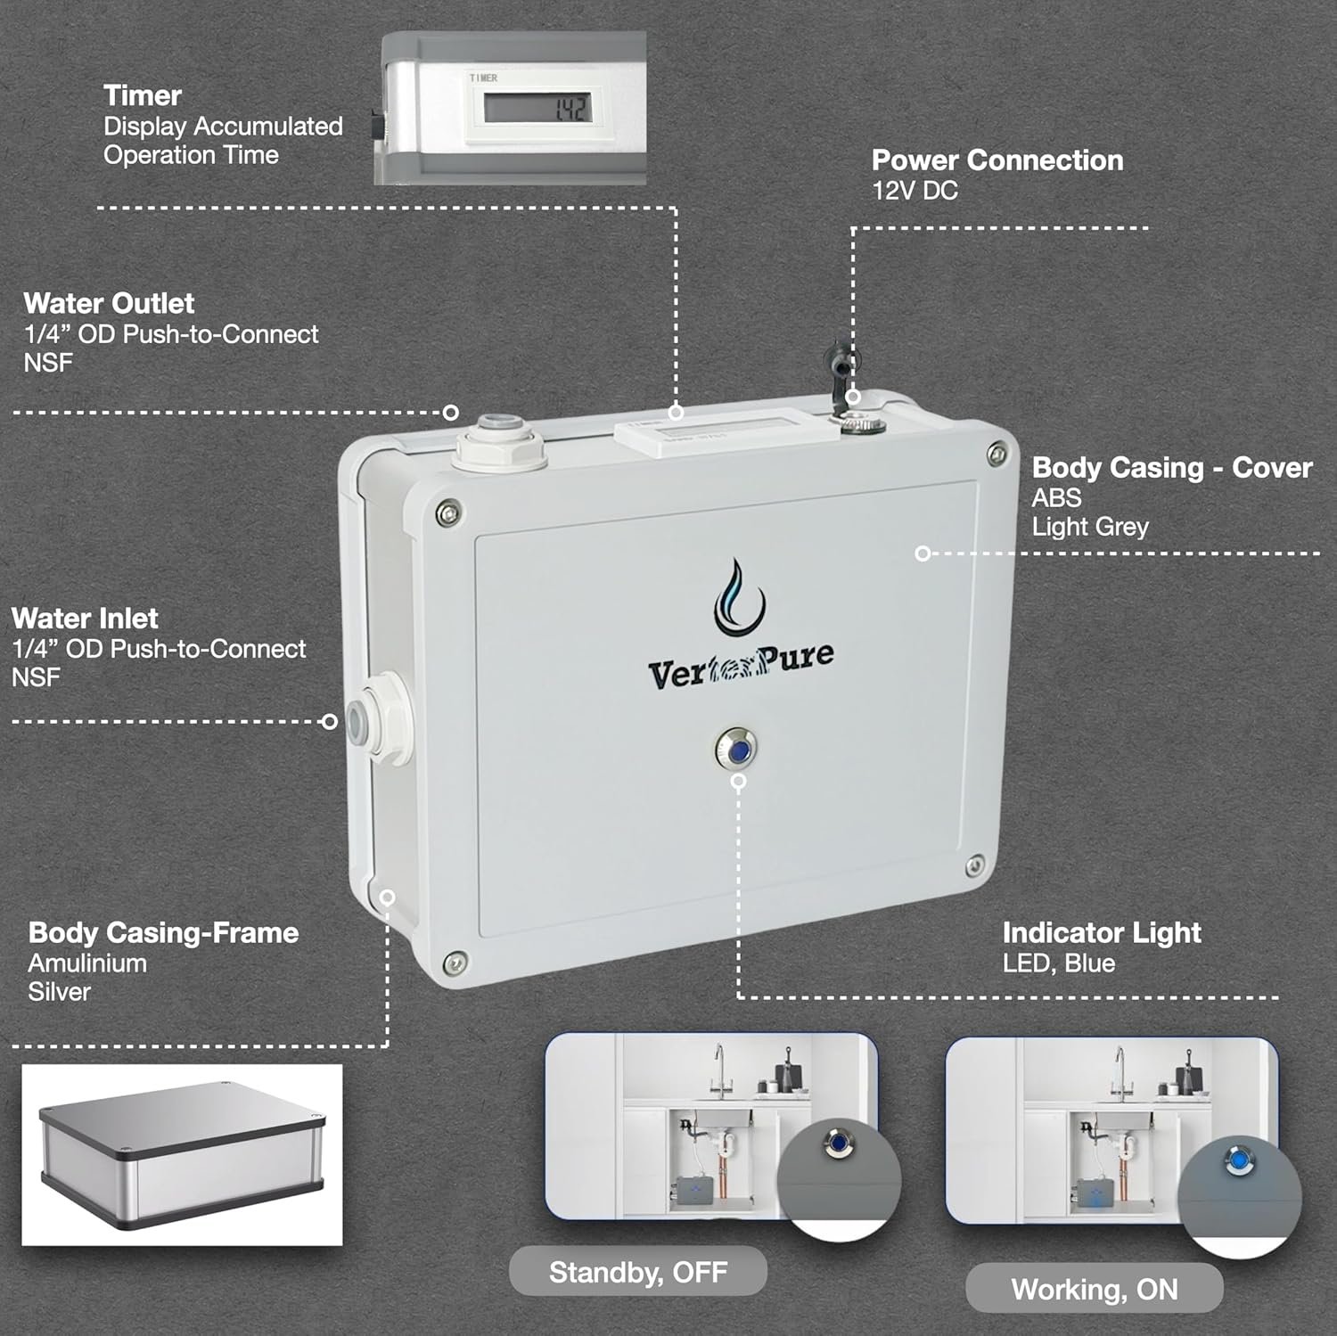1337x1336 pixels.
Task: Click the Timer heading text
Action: click(143, 95)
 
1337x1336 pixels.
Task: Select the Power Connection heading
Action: click(997, 160)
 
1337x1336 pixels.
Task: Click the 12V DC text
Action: click(915, 191)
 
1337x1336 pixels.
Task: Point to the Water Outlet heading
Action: click(109, 304)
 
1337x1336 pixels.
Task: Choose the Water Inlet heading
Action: click(85, 619)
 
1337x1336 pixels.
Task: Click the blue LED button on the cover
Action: click(736, 750)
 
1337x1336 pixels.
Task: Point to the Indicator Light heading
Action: click(1102, 933)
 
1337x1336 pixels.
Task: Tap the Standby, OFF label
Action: click(638, 1272)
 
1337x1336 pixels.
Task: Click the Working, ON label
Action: click(1095, 1290)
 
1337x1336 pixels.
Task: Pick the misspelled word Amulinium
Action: click(87, 963)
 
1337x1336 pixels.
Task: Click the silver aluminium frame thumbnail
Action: click(182, 1155)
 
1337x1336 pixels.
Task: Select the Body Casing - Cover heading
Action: click(1172, 468)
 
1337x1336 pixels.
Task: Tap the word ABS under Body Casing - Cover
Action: click(1056, 497)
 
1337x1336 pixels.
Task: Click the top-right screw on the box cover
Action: click(998, 455)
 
